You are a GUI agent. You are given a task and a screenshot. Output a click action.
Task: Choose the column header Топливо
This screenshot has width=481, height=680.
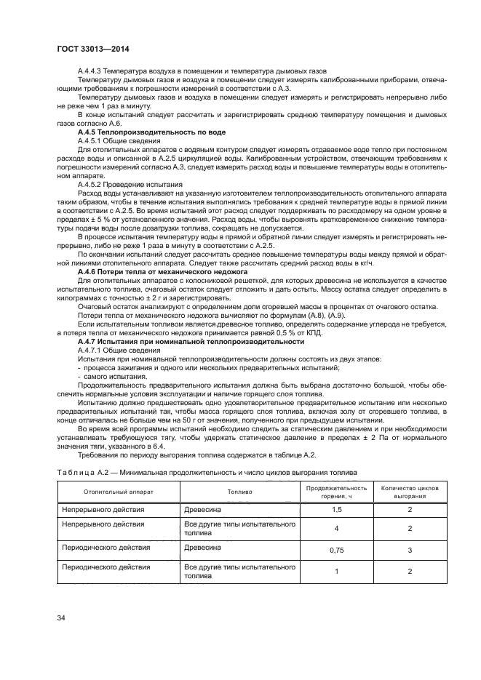click(239, 491)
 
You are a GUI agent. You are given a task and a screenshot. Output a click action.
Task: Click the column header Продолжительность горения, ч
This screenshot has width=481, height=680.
click(336, 491)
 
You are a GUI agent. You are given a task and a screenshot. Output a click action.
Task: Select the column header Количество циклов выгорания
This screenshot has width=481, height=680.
click(410, 491)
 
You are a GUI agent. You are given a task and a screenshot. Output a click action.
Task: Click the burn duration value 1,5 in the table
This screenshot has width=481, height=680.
click(336, 511)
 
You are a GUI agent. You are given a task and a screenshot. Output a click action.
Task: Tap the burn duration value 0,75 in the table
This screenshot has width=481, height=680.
click(336, 551)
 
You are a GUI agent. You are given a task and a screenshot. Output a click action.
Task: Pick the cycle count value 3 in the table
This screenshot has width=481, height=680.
click(410, 551)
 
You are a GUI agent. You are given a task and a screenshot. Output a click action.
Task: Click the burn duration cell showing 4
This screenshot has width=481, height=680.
click(336, 529)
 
